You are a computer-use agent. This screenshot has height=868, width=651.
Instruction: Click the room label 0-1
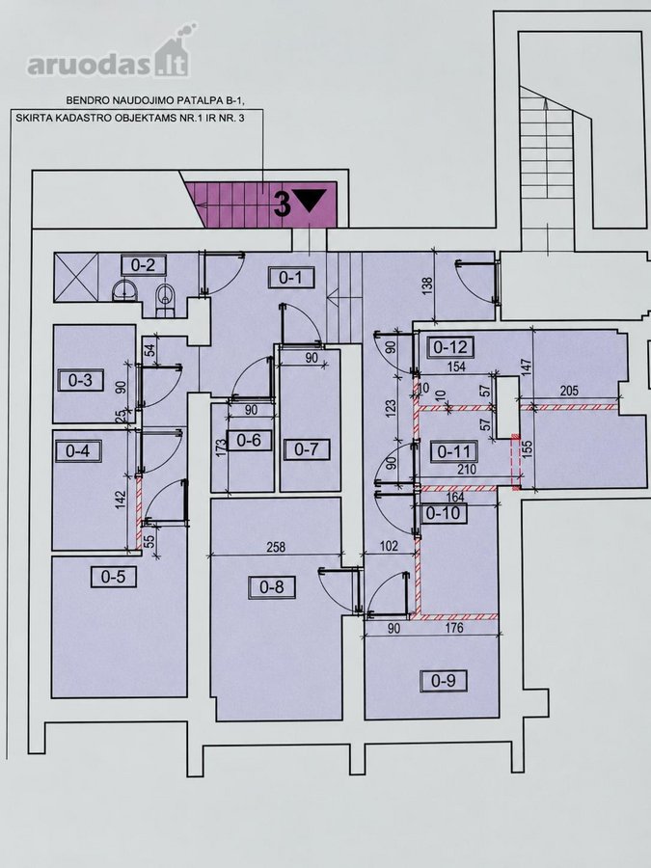[x=290, y=278]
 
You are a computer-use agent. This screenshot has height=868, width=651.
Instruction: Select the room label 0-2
[x=143, y=266]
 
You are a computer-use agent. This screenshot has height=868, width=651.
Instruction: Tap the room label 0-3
[x=80, y=380]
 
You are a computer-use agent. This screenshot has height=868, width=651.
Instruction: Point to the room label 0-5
[x=114, y=577]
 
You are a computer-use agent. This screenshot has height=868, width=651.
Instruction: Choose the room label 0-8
[x=272, y=586]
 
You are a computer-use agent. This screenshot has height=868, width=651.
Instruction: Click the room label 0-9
[x=444, y=680]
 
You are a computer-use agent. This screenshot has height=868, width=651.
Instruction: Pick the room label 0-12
[x=450, y=347]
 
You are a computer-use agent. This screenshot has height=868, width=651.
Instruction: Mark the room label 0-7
[x=306, y=448]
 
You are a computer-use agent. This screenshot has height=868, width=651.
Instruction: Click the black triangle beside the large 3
[x=312, y=200]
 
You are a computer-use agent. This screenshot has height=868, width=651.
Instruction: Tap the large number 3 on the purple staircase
[x=283, y=203]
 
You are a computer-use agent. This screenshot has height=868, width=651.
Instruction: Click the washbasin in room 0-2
[x=125, y=289]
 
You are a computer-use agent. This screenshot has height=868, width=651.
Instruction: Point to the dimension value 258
[x=276, y=547]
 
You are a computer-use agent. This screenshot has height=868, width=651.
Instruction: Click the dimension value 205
[x=569, y=391]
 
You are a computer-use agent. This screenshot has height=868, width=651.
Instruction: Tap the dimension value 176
[x=454, y=628]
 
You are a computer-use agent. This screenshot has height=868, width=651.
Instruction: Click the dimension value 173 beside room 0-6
[x=220, y=448]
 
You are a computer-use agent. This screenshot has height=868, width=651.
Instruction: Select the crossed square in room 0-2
[x=76, y=277]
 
